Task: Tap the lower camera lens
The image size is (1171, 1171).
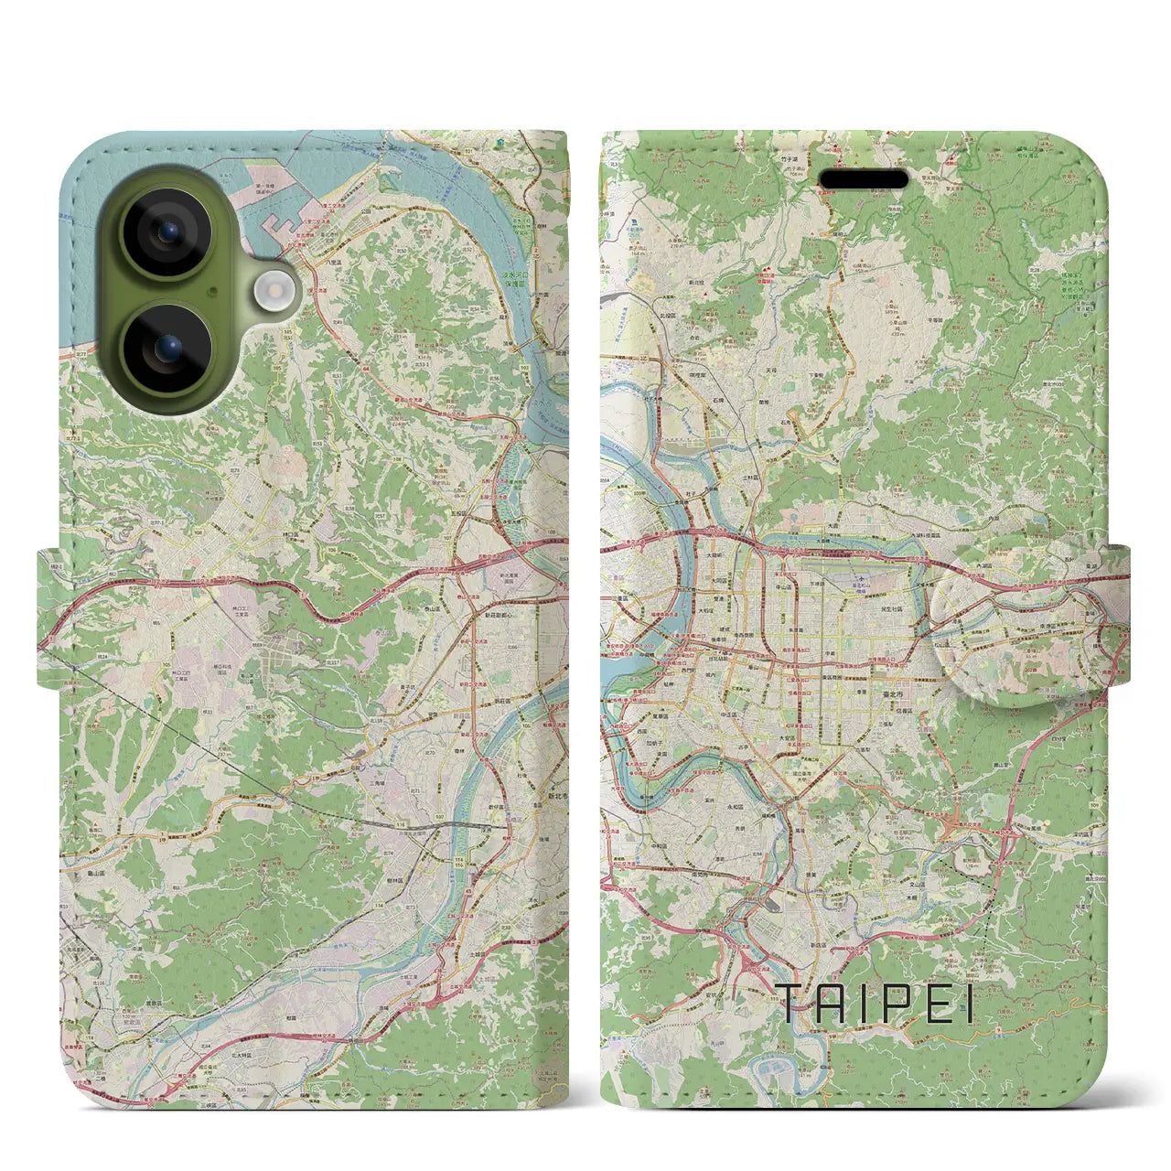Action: pyautogui.click(x=167, y=349)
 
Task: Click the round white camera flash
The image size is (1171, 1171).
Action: pyautogui.click(x=273, y=292)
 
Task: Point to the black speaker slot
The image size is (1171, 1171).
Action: pyautogui.click(x=862, y=178)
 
